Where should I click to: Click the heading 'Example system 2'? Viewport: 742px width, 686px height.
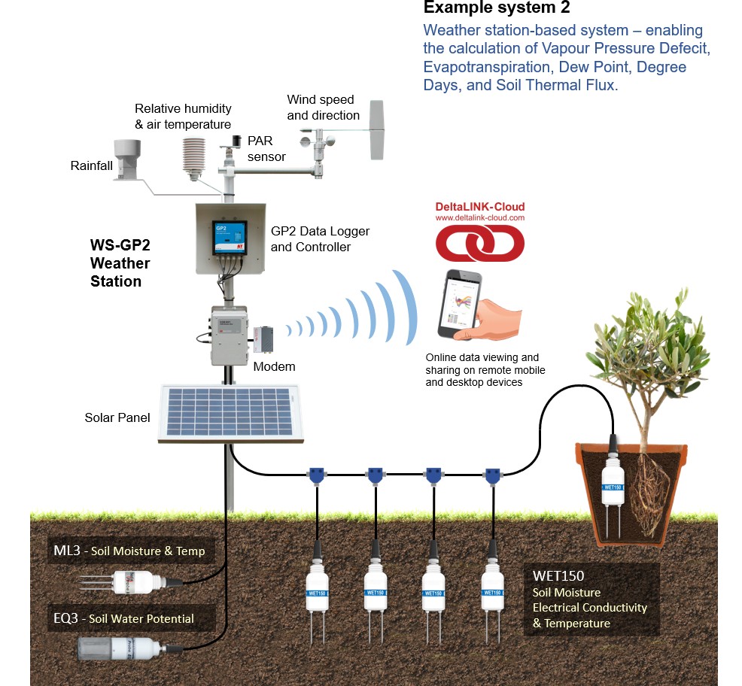[x=497, y=8]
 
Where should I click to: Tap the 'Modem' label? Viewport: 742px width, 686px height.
[x=274, y=366]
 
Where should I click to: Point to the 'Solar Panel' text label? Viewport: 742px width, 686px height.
[x=117, y=417]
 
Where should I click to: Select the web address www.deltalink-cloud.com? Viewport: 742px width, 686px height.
[x=479, y=218]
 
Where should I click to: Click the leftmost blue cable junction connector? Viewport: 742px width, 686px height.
[x=317, y=475]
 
